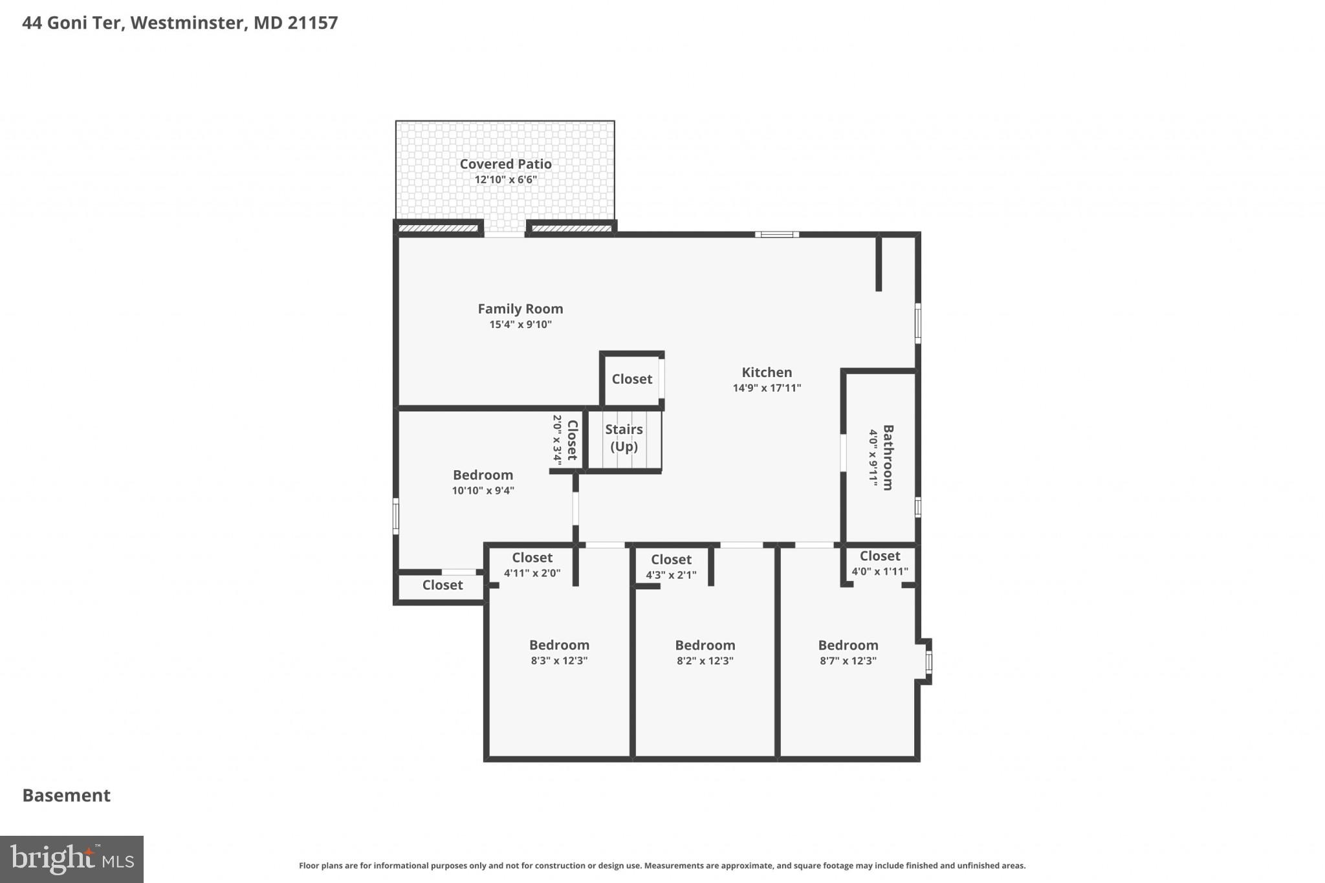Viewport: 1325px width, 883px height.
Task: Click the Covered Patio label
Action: click(x=505, y=164)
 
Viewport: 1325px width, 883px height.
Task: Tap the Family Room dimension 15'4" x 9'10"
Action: click(x=520, y=325)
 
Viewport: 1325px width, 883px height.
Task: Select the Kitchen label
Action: click(x=767, y=373)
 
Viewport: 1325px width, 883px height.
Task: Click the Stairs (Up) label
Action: click(x=624, y=438)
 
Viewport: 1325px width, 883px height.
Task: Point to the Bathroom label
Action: click(x=888, y=457)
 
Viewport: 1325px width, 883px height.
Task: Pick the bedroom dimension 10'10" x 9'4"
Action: click(x=483, y=491)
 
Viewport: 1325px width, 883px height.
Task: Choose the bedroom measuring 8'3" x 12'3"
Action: click(x=559, y=652)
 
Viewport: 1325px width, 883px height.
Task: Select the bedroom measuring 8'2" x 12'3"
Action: click(x=705, y=652)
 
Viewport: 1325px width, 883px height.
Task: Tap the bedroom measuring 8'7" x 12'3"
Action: click(x=848, y=652)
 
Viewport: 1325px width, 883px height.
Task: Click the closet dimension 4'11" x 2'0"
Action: click(x=532, y=573)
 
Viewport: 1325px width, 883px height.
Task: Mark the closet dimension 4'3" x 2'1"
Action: click(x=671, y=575)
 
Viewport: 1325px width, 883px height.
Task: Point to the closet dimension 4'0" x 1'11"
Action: click(x=879, y=572)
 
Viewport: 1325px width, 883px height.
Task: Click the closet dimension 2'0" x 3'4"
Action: click(x=557, y=440)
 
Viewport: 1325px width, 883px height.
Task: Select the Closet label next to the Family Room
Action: click(x=631, y=379)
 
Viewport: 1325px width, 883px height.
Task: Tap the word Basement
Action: click(x=67, y=796)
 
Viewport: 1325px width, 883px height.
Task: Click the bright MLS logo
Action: click(x=72, y=860)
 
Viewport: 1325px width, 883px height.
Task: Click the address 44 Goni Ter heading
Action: click(x=180, y=23)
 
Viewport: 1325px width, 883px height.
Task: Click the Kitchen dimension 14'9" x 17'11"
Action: click(x=767, y=388)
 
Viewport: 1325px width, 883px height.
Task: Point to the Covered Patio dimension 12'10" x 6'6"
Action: click(x=505, y=180)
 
